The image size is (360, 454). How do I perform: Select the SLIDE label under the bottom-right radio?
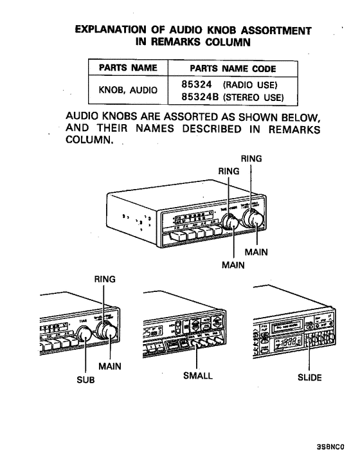tap(312, 377)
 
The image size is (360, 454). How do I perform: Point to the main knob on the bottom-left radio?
tap(107, 332)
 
